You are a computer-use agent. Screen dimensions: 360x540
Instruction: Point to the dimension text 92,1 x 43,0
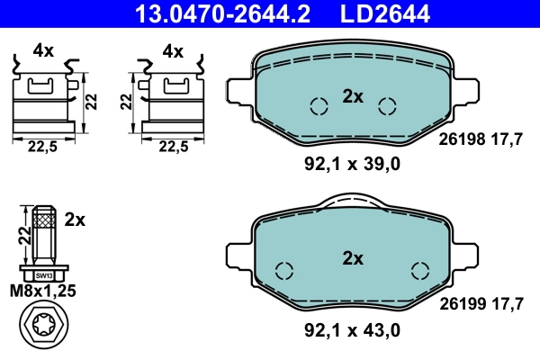pyautogui.click(x=350, y=331)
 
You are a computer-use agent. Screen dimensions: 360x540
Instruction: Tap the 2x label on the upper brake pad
pyautogui.click(x=353, y=97)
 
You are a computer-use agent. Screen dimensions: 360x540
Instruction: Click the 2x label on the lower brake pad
pyautogui.click(x=353, y=259)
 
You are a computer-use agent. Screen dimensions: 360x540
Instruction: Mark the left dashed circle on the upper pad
pyautogui.click(x=318, y=106)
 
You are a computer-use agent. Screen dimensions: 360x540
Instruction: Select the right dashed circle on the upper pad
pyautogui.click(x=388, y=106)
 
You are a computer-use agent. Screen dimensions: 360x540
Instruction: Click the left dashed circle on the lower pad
pyautogui.click(x=284, y=270)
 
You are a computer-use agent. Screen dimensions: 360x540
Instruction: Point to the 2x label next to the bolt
pyautogui.click(x=75, y=219)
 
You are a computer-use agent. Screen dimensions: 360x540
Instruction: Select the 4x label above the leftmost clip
pyautogui.click(x=43, y=51)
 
